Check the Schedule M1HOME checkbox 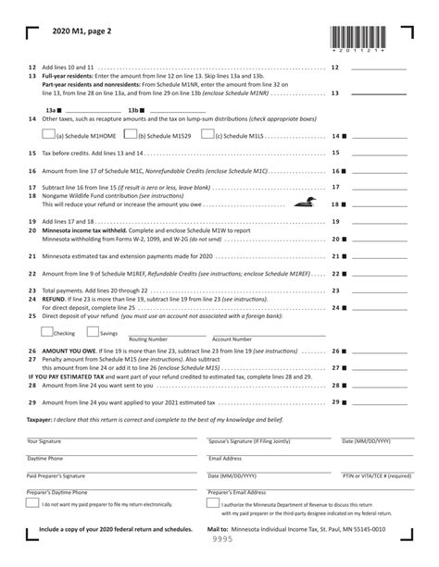[49, 134]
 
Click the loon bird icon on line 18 [300, 203]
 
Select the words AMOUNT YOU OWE [70, 352]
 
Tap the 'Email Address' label [225, 458]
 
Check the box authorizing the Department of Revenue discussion [214, 504]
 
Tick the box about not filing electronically [32, 504]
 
